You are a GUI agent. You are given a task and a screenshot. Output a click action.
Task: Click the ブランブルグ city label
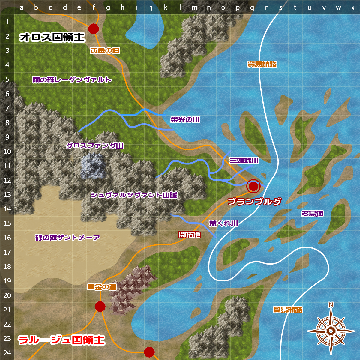coord(254,201)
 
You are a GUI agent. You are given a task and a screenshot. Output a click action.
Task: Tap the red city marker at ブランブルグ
coord(253,186)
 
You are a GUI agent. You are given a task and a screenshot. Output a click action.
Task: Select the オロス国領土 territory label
coord(52,37)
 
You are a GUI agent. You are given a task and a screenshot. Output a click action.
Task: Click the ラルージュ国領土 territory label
coord(61,340)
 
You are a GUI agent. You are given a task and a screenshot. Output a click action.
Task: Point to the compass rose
coord(331,331)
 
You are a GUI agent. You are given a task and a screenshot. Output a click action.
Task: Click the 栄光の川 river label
coord(185,120)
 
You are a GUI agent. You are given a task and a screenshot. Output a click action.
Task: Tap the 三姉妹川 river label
coord(244,160)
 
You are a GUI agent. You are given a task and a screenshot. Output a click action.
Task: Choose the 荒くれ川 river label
coord(223,223)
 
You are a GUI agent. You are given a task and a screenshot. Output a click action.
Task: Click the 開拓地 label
coord(190,235)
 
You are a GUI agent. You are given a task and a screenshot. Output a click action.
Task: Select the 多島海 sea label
coord(312,214)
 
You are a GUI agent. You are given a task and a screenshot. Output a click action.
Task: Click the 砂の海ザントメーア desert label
coord(67,238)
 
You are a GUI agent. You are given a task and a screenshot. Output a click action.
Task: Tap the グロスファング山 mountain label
coord(95,146)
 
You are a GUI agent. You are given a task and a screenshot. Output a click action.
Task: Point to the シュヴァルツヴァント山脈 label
coord(134,195)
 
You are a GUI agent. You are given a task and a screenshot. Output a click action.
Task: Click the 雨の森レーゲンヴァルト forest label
coord(72,80)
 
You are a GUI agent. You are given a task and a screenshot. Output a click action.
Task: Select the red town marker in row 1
coord(94,29)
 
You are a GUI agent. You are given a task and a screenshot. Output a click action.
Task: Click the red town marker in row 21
coord(100,306)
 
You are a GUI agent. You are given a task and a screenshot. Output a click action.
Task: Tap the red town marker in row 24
coord(149,352)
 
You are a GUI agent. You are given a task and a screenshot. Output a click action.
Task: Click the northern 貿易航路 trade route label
coord(262,64)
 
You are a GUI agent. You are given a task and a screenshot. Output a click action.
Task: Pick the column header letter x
coord(353,8)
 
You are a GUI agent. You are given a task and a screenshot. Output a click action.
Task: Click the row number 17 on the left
coord(7,252)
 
